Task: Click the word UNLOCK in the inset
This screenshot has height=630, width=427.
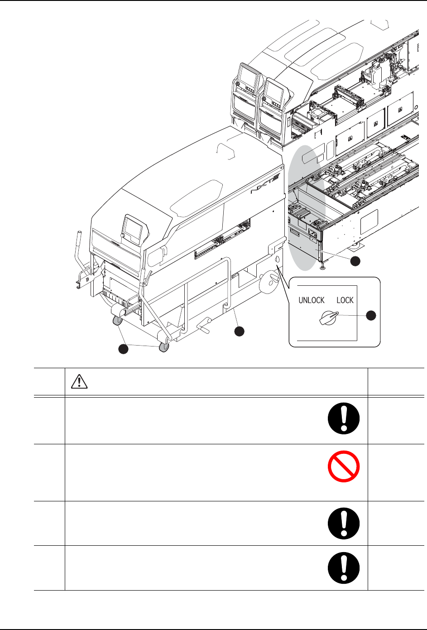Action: [x=311, y=300]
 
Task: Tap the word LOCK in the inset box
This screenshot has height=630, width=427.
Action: [x=345, y=300]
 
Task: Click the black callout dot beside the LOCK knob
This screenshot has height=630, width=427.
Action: [x=371, y=316]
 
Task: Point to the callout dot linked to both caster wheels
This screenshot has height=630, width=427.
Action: [x=123, y=349]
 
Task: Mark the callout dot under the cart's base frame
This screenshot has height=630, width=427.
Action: [x=240, y=331]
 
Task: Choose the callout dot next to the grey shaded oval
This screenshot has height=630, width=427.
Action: [x=356, y=261]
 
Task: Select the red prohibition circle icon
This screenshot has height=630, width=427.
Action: [x=344, y=466]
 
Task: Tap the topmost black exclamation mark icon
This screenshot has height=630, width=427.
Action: [x=344, y=418]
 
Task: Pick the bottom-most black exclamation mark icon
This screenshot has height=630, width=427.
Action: [x=344, y=567]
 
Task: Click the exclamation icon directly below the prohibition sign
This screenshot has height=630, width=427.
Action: [x=344, y=523]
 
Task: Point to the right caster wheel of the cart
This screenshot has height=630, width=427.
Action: [x=164, y=347]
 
